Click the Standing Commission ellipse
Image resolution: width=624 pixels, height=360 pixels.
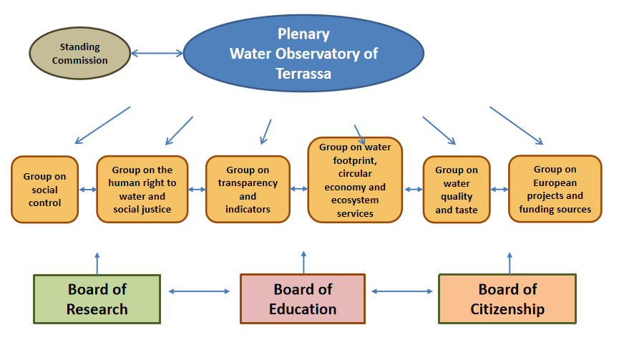pyautogui.click(x=79, y=54)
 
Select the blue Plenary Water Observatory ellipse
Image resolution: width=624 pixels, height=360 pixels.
pyautogui.click(x=303, y=54)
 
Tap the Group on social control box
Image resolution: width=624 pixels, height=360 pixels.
pyautogui.click(x=44, y=190)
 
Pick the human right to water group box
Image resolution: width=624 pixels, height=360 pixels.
pyautogui.click(x=142, y=190)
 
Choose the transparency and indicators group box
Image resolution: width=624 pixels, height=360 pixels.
pyautogui.click(x=248, y=190)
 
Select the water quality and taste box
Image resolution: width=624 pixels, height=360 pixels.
pyautogui.click(x=457, y=190)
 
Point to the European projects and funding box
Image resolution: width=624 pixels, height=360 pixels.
pyautogui.click(x=555, y=189)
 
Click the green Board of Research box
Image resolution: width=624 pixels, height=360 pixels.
pyautogui.click(x=97, y=299)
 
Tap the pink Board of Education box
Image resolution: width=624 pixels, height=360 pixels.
pyautogui.click(x=303, y=299)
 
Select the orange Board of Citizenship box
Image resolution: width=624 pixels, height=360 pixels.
pyautogui.click(x=507, y=299)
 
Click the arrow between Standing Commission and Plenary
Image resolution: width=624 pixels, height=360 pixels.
pyautogui.click(x=157, y=52)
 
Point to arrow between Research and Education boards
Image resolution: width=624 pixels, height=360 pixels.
pyautogui.click(x=200, y=291)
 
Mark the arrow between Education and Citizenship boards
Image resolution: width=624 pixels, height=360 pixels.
pyautogui.click(x=404, y=291)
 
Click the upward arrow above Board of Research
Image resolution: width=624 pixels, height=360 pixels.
pyautogui.click(x=97, y=263)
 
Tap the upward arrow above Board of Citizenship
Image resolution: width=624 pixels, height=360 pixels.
pyautogui.click(x=510, y=263)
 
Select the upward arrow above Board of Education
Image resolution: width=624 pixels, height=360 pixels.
pyautogui.click(x=303, y=262)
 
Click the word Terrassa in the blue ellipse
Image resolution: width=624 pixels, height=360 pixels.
pyautogui.click(x=303, y=73)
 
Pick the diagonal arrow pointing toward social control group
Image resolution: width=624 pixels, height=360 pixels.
pyautogui.click(x=102, y=125)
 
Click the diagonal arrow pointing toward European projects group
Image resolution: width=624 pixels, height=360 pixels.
pyautogui.click(x=516, y=125)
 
